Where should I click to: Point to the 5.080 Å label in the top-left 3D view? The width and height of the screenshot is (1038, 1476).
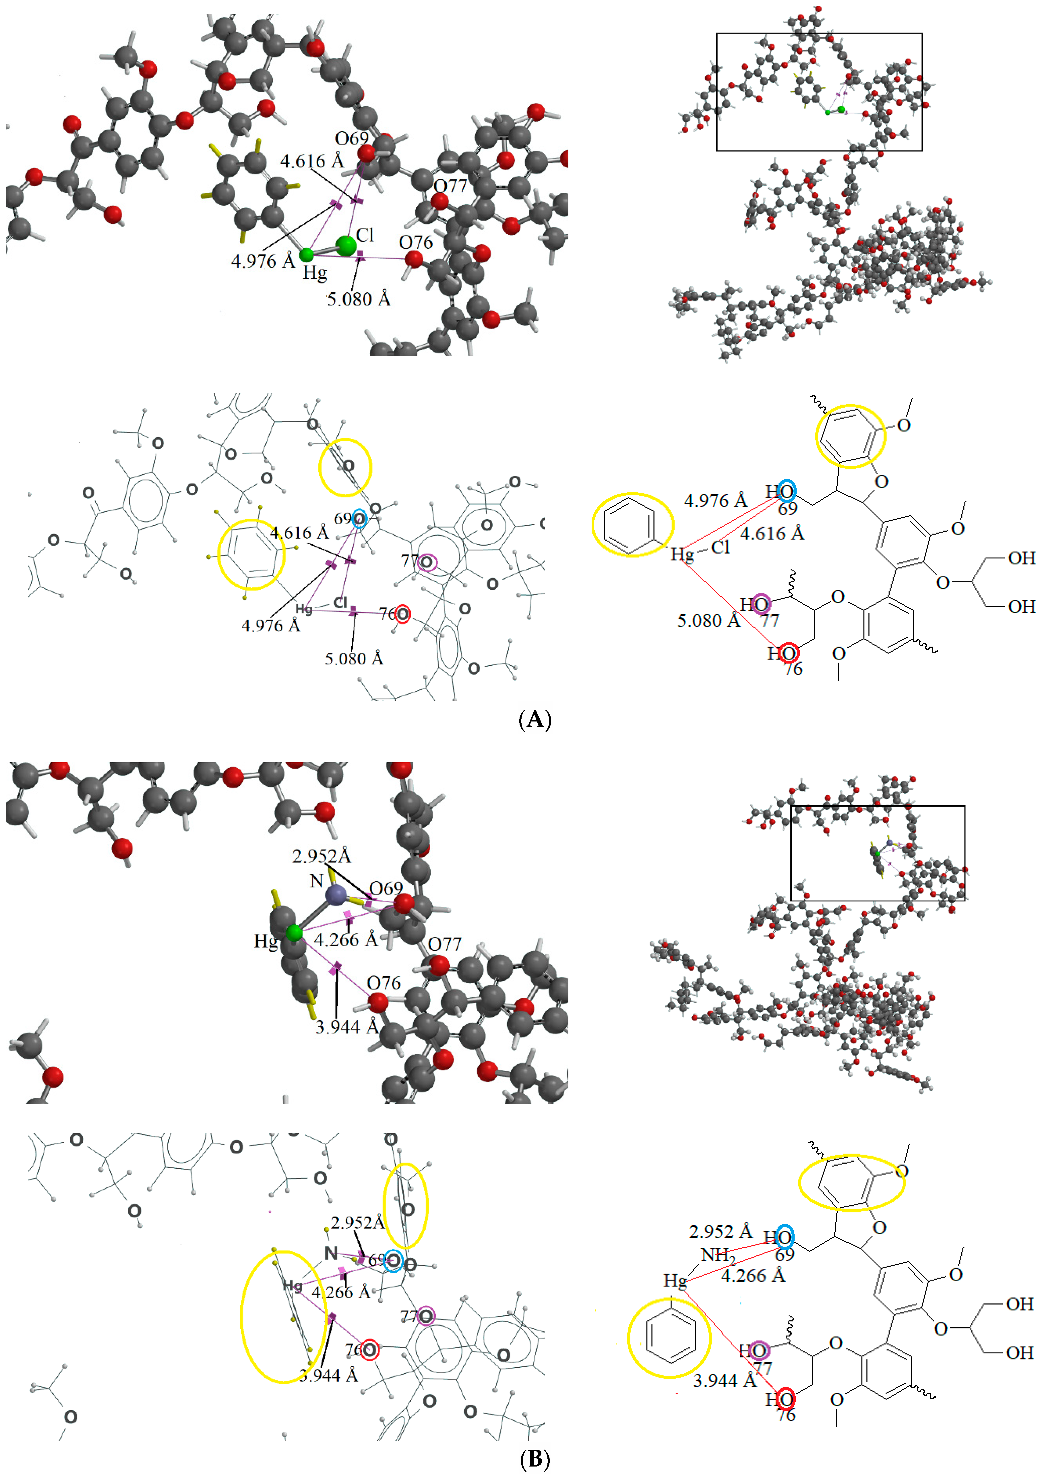pos(359,299)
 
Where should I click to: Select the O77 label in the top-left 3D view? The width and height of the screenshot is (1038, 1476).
pos(450,186)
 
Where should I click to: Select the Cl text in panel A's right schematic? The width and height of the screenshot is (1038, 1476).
pos(721,547)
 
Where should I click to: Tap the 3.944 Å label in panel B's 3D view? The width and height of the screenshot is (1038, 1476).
pos(346,1027)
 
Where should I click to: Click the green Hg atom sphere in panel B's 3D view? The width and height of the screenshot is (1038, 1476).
pos(294,932)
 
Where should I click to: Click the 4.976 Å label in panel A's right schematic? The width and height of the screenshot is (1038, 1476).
pos(715,500)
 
